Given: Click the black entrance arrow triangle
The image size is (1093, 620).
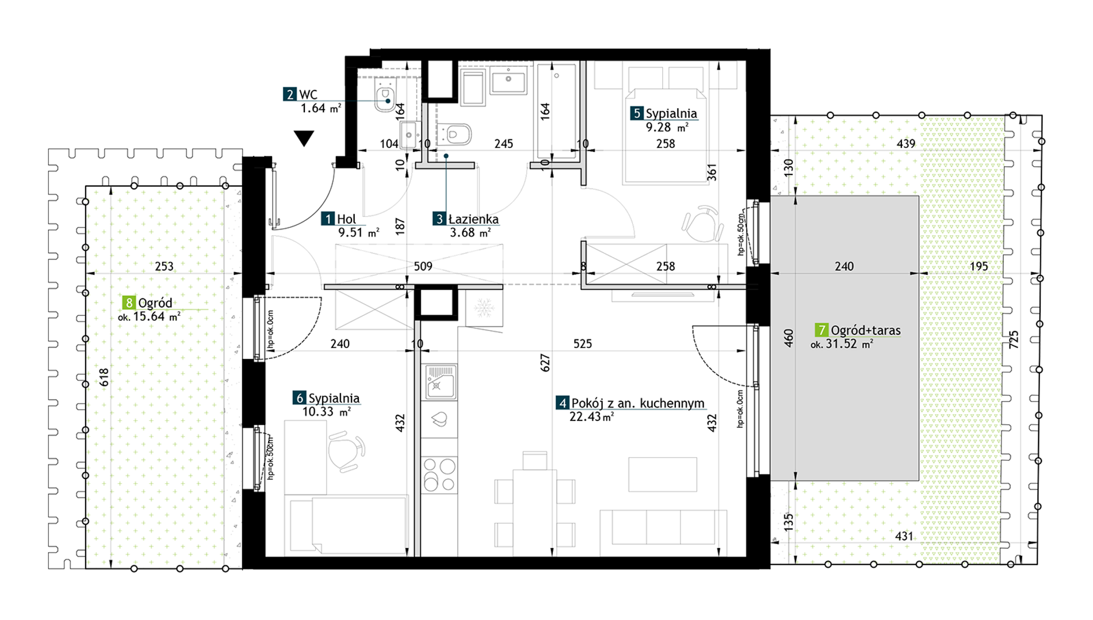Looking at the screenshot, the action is point(304,138).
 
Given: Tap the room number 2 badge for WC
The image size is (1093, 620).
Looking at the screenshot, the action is point(289,94).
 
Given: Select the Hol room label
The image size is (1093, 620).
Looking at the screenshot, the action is point(346,219).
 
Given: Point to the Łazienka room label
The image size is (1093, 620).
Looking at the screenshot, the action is point(473,219).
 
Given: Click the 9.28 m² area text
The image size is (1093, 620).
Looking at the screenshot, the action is point(667,128).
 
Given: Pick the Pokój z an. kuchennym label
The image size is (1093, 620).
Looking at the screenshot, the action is point(637,403).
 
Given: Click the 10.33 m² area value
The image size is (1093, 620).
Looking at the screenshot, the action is point(326,412).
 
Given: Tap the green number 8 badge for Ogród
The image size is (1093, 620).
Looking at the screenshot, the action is point(129,303).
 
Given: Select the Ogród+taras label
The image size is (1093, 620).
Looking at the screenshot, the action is point(866,330).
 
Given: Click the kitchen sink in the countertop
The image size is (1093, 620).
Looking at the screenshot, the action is point(440,382).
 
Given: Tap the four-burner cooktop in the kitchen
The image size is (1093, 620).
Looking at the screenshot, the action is point(440,474).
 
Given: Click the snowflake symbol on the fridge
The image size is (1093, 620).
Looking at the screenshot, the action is point(484,307).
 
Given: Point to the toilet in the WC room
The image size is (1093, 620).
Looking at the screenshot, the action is point(385,96).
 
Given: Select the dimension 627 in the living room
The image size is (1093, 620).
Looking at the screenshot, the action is point(545,363).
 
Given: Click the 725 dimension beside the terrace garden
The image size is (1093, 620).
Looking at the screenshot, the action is point(1014,339).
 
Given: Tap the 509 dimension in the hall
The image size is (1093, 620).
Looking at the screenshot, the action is point(423,266).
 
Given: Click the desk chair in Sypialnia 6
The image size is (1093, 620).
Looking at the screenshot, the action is point(346,451).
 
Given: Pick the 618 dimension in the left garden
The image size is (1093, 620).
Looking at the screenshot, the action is point(104,377).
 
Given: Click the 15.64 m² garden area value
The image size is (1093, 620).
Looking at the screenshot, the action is point(157,316).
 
